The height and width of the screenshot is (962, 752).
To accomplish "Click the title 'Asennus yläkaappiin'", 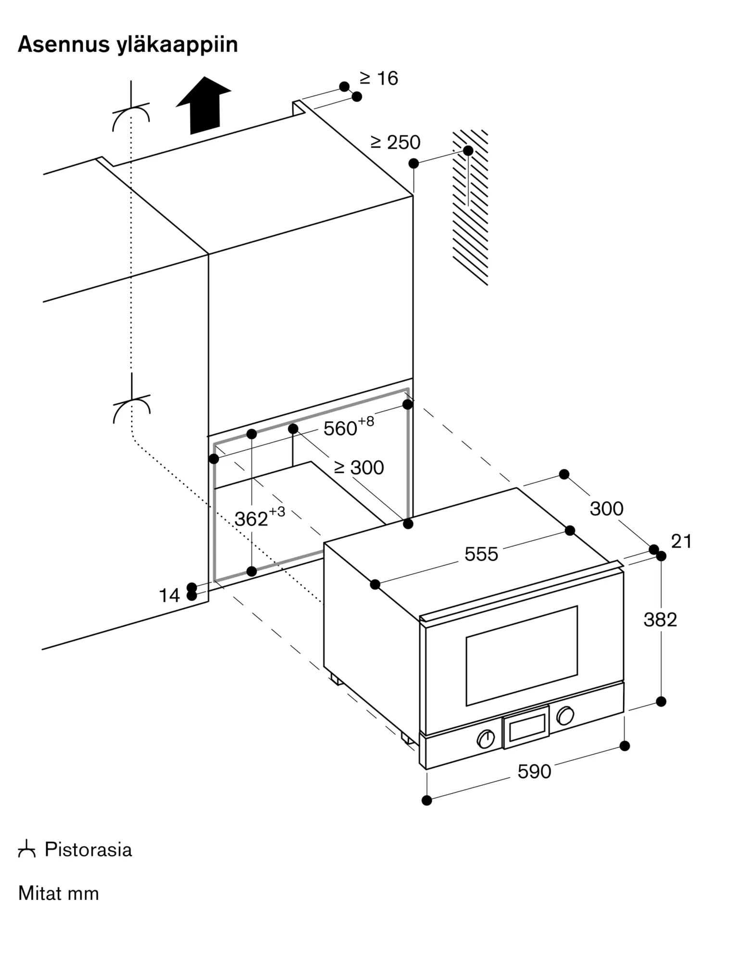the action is [x=128, y=45].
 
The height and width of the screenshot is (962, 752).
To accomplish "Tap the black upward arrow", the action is [x=203, y=105].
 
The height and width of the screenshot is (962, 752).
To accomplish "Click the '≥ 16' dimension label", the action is [x=379, y=78].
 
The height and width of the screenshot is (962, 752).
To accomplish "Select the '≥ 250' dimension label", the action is [x=396, y=142].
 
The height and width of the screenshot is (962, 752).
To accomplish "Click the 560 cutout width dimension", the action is [x=349, y=427].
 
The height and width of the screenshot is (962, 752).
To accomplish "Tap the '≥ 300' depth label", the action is [x=359, y=468].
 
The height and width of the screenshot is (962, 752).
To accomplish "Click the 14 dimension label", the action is [x=169, y=596].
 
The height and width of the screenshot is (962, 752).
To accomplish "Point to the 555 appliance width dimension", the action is [x=481, y=555].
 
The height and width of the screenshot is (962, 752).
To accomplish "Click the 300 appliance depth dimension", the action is [x=606, y=509].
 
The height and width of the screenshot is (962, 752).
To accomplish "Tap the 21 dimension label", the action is [x=681, y=542].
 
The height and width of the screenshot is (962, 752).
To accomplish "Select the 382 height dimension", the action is [x=660, y=620].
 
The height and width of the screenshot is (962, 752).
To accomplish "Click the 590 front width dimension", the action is [x=534, y=772].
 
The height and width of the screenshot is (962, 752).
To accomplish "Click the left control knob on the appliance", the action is [x=486, y=739].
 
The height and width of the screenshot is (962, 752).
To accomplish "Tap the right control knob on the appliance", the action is [x=565, y=716].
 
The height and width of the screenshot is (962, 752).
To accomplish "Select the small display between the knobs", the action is [x=526, y=727].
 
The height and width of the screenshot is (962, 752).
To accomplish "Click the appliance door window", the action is [x=522, y=656].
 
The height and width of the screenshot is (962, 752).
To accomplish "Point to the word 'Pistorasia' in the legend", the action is [x=88, y=850].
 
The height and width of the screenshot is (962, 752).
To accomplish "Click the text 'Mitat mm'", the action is [x=59, y=894].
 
